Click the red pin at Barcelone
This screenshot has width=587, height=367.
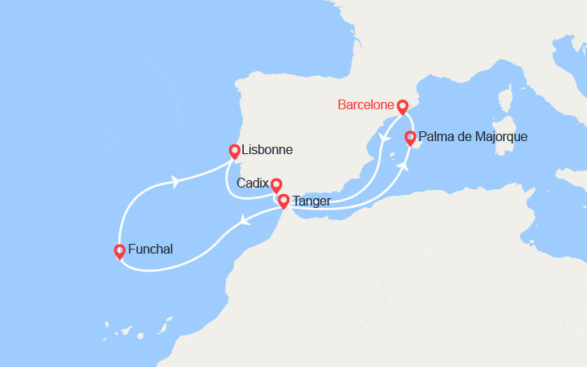coord(402,107)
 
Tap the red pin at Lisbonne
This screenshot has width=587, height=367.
coord(234,151)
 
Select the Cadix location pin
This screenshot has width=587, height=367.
coord(276,184)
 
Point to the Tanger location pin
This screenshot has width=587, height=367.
coord(283,200)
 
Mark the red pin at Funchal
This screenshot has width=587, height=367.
coord(120,250)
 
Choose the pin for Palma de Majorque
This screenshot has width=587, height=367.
coord(410,138)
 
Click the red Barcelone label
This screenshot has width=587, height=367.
coord(364,105)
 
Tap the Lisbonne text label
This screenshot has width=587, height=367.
coord(267,150)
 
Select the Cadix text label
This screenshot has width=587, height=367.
coord(252,183)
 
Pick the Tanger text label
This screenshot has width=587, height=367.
coord(312,201)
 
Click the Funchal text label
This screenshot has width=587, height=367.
coord(151,250)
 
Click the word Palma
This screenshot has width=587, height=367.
coord(439,136)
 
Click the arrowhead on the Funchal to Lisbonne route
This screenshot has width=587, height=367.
coord(174,180)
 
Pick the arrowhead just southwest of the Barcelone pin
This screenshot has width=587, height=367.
coord(382,135)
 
